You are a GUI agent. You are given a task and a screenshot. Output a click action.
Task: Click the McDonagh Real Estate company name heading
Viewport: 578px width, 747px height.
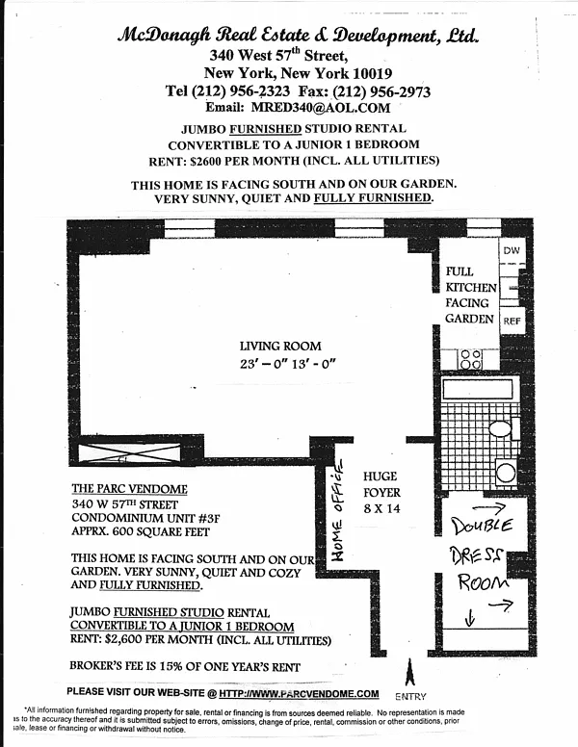click(x=298, y=37)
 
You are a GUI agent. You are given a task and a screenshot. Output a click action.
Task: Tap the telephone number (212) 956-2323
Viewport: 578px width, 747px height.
click(x=246, y=91)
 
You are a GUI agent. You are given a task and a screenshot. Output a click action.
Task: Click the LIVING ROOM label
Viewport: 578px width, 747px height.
click(x=280, y=347)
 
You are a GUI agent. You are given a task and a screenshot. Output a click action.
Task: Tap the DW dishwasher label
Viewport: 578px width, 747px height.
click(x=511, y=249)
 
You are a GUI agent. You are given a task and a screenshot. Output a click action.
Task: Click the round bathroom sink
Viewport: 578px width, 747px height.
click(x=505, y=472)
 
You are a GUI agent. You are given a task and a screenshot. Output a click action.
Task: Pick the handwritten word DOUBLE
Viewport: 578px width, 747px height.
click(x=488, y=526)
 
